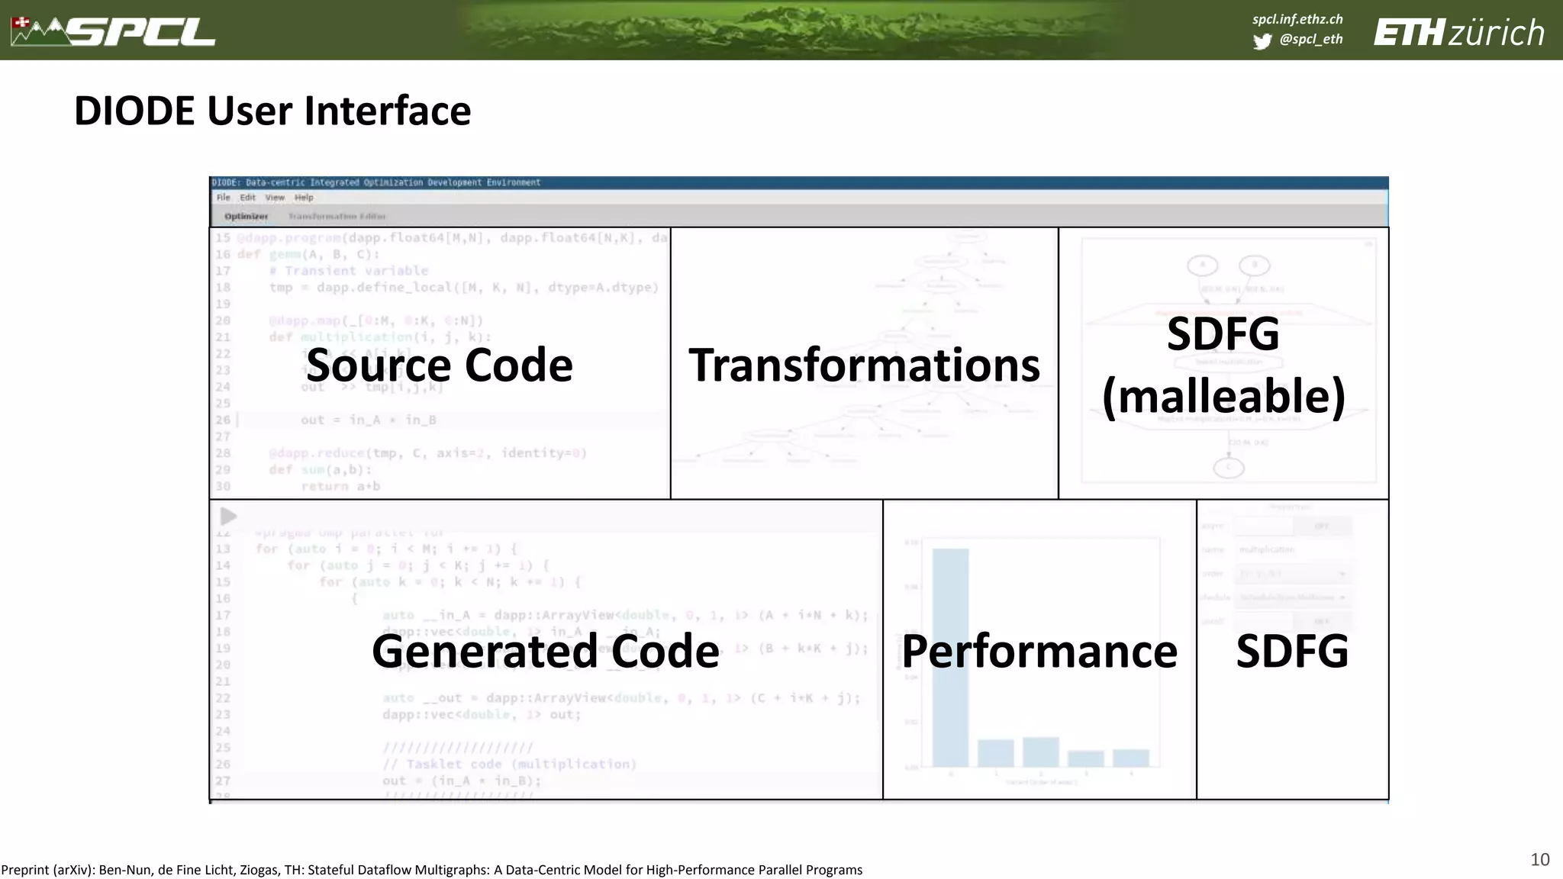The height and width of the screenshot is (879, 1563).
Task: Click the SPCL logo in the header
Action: (114, 31)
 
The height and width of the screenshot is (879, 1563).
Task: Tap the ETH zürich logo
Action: (1458, 33)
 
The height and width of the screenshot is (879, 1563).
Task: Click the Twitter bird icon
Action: (1262, 41)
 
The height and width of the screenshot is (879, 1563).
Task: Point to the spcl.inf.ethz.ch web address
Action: (1297, 19)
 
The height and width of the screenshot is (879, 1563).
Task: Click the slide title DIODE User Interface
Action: (272, 111)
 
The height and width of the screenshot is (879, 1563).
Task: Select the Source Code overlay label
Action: (439, 365)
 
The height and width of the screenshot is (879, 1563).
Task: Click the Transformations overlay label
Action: (864, 365)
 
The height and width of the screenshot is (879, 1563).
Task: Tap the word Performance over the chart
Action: (1039, 651)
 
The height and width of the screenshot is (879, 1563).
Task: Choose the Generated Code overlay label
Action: (545, 651)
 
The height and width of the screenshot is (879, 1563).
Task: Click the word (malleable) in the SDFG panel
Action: (1223, 397)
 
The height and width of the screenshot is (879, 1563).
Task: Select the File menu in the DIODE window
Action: (223, 198)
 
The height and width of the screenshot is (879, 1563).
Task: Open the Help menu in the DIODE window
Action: (304, 198)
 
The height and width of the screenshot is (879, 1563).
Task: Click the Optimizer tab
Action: (246, 217)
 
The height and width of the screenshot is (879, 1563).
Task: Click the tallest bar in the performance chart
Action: (950, 656)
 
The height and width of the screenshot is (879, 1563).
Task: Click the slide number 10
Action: (1539, 859)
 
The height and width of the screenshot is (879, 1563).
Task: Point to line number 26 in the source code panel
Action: (222, 420)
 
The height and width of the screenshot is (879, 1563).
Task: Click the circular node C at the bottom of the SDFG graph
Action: (1228, 467)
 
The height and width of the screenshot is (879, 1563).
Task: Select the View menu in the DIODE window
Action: (275, 198)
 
